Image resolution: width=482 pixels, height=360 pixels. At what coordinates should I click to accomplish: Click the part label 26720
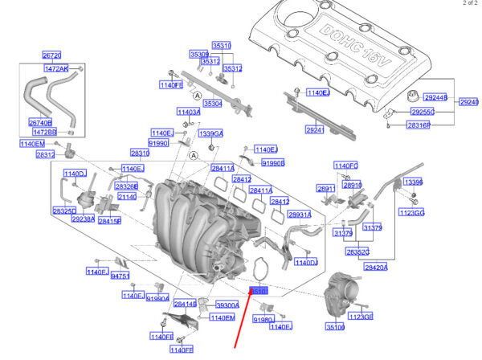tap(51, 55)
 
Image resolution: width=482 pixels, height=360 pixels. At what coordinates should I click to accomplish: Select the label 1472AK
tap(55, 69)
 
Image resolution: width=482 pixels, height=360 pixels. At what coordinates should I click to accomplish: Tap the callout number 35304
tap(213, 104)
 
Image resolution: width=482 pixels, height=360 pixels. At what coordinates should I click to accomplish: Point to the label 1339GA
tap(211, 133)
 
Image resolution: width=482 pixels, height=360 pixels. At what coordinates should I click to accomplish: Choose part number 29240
tap(468, 103)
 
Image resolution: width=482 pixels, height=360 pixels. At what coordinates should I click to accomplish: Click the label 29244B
tap(422, 97)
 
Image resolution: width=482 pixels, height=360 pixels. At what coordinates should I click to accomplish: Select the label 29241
tap(314, 129)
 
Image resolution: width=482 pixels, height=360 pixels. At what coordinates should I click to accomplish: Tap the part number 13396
tap(413, 182)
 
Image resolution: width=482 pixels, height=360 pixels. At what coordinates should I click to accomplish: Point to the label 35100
tap(335, 327)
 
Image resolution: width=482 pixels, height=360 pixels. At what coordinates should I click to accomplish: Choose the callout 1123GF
tap(363, 316)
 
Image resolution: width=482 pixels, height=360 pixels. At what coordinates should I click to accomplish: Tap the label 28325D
tap(63, 211)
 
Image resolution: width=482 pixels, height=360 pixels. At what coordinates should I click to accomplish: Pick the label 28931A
tap(299, 215)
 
